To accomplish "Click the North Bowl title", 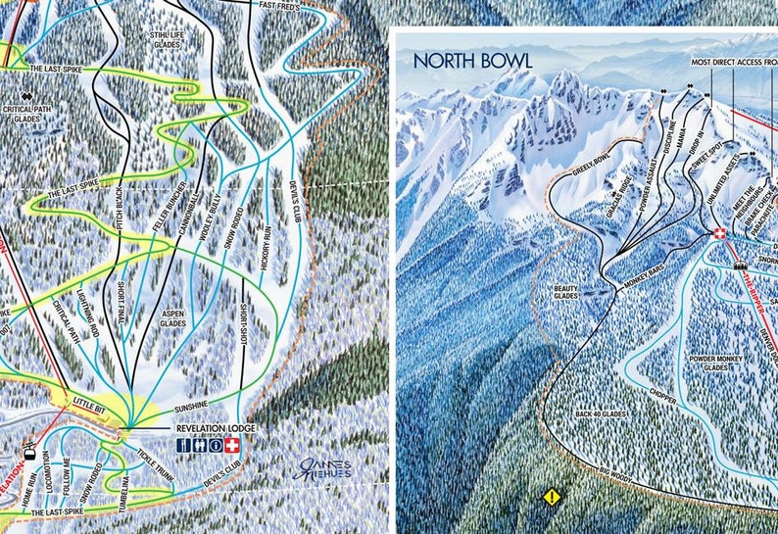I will (472, 61).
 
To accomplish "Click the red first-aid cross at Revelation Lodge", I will (231, 445).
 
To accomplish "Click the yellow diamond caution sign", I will (552, 497).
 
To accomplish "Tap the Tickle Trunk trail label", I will (156, 461).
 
